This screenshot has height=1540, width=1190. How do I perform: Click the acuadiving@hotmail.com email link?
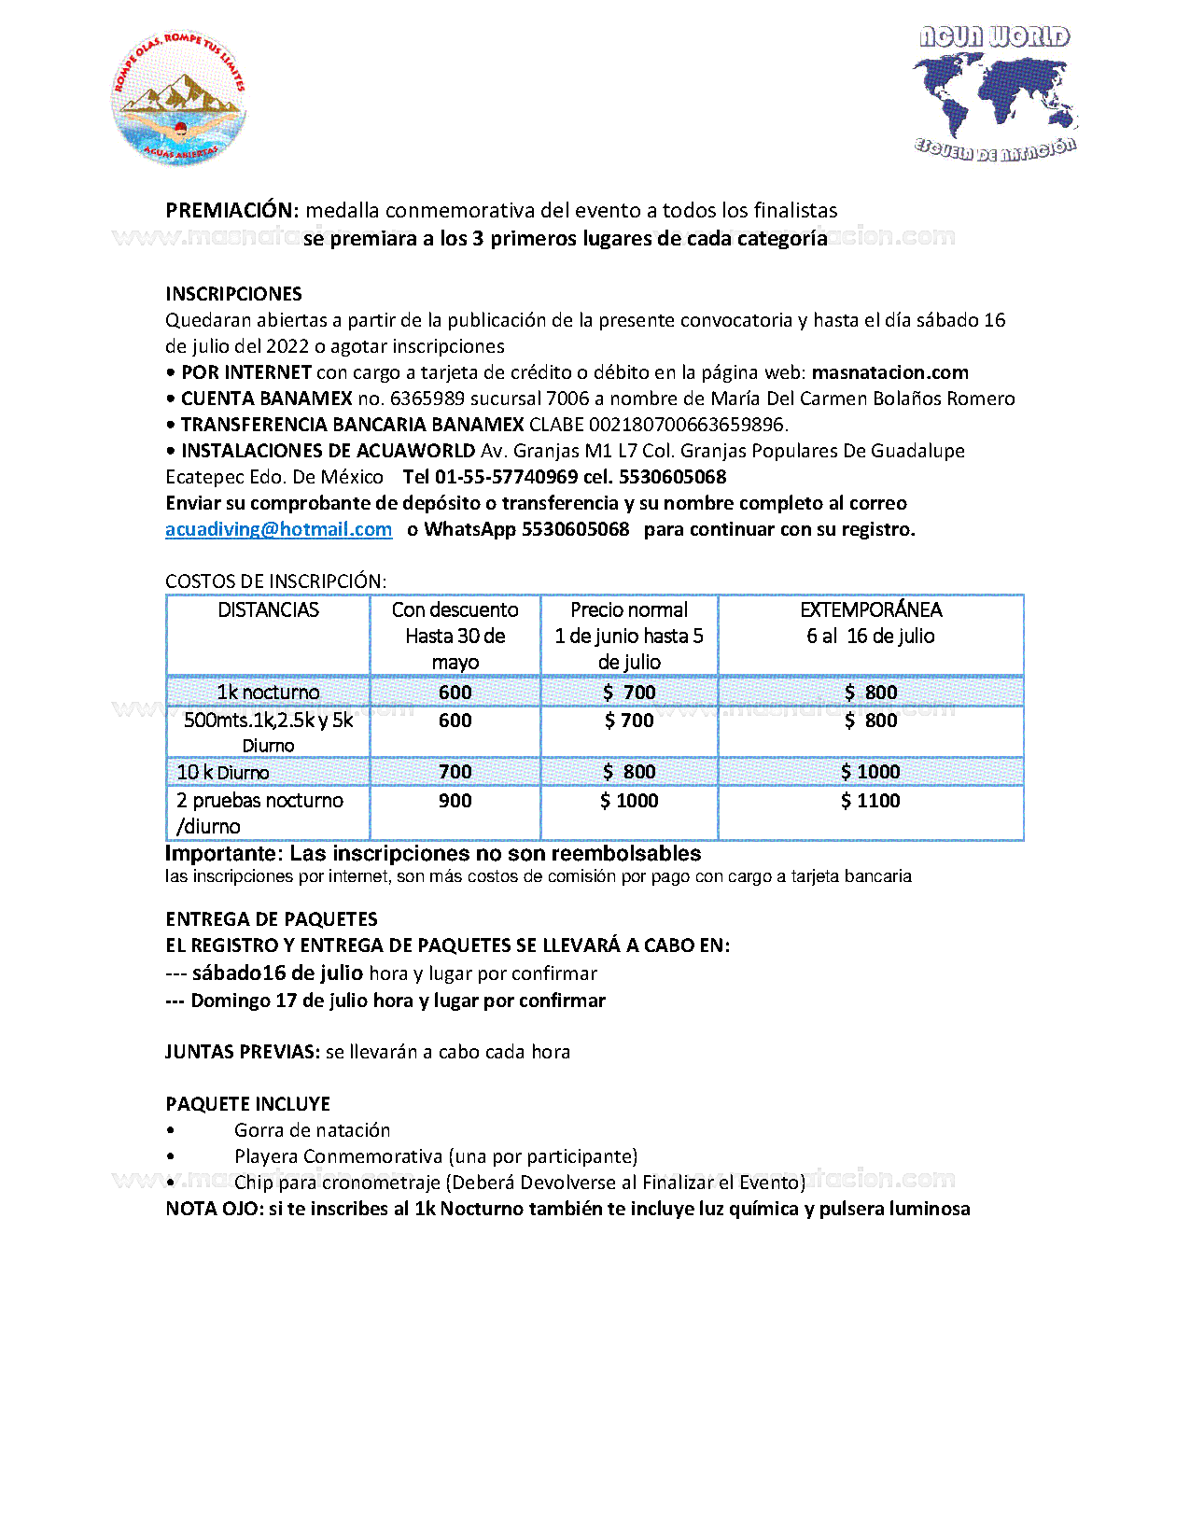278,529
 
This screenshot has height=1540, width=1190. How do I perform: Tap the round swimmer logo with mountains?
179,98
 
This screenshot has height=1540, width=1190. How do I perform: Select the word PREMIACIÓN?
231,211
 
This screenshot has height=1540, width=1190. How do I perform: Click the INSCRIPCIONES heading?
233,294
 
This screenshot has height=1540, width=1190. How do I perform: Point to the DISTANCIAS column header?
268,610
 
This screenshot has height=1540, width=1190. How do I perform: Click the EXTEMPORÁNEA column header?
871,610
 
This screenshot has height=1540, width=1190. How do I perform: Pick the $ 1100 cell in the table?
870,801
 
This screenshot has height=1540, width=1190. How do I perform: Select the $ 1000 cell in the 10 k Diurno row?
870,772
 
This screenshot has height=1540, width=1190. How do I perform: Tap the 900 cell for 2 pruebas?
455,801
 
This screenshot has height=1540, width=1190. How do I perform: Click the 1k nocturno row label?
268,693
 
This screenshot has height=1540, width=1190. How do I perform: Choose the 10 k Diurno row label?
223,773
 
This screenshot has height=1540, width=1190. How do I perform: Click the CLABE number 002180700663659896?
687,425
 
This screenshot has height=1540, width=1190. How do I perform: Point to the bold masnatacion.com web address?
889,372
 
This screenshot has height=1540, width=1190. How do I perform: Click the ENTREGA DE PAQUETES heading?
272,919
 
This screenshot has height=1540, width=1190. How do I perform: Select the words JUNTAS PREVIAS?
243,1052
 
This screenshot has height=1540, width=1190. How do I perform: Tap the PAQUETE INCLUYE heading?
247,1104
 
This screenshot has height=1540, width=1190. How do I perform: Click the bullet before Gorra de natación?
171,1130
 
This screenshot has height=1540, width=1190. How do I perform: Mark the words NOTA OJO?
215,1209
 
